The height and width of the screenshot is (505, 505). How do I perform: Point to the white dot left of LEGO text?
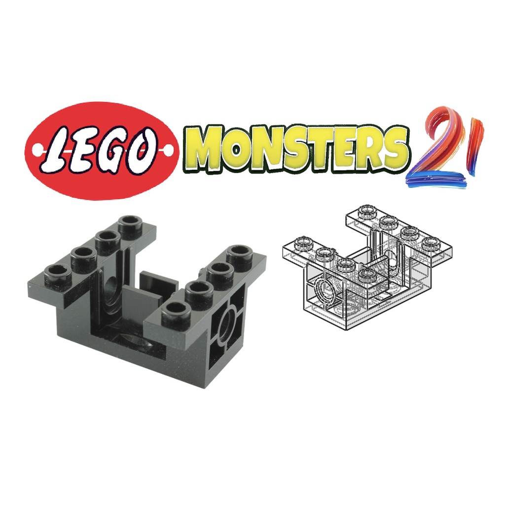point(36,148)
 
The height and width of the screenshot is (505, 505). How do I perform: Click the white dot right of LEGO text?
point(168,148)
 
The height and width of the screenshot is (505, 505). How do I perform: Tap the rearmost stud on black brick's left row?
point(131,222)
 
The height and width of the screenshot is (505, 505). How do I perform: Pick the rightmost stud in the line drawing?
point(431,242)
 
